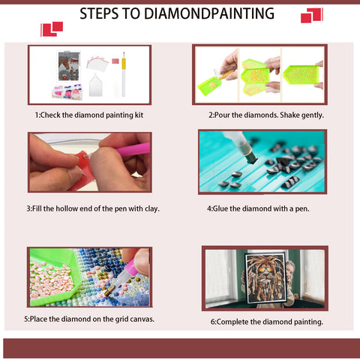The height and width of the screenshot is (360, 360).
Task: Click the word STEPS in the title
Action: (x=99, y=13)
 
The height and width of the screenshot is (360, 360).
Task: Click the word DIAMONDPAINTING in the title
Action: (x=209, y=13)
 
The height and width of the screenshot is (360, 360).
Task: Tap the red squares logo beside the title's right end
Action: (x=312, y=15)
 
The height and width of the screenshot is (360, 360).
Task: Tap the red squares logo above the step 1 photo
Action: (x=52, y=29)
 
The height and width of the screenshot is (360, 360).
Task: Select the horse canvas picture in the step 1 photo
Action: (x=69, y=66)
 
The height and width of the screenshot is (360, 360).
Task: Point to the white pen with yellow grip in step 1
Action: (x=124, y=74)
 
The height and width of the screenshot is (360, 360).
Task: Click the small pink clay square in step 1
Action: (x=115, y=61)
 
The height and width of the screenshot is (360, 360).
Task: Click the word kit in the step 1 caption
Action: (x=139, y=115)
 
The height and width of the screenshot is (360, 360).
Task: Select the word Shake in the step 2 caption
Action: (x=289, y=115)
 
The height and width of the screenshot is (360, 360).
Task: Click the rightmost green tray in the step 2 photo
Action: (x=301, y=75)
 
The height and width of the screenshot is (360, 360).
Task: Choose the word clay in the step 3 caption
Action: (x=152, y=208)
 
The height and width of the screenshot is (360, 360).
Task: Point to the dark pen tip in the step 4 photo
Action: (x=252, y=159)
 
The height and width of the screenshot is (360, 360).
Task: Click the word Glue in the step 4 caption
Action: (x=220, y=208)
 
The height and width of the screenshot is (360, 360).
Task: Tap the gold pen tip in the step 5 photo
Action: (x=109, y=291)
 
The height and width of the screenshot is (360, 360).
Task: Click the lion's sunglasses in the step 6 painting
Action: (x=265, y=270)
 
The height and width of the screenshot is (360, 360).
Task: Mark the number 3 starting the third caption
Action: (x=28, y=208)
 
